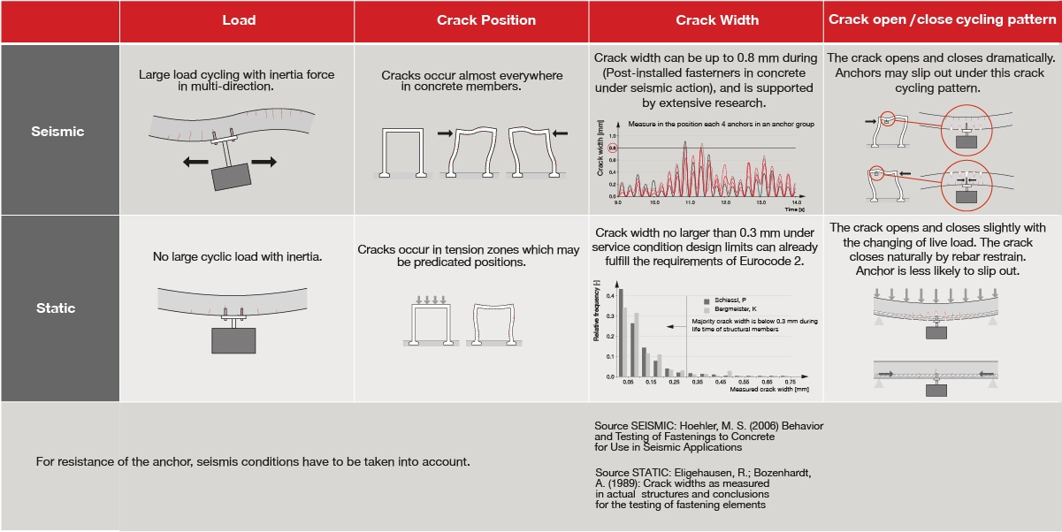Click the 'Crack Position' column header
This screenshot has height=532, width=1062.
coord(486,20)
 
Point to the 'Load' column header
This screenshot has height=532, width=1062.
coord(239,20)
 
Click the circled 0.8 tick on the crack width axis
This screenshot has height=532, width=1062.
coord(610,148)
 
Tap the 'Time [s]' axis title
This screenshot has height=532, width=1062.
coord(794,210)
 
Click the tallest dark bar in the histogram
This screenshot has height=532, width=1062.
coord(621,332)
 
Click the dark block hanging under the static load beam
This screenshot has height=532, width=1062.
coord(233,340)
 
